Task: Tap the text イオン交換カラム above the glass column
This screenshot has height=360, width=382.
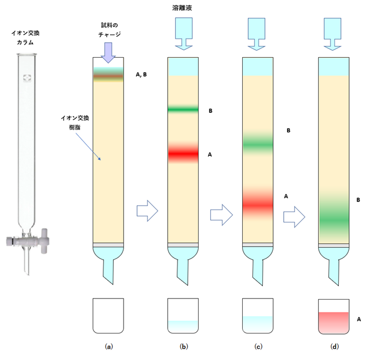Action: (x=25, y=37)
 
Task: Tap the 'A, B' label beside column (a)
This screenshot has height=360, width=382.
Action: (x=142, y=75)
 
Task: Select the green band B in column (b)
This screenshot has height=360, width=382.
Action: (x=184, y=109)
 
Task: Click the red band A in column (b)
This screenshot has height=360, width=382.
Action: (x=184, y=153)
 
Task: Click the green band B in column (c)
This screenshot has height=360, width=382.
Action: (x=259, y=142)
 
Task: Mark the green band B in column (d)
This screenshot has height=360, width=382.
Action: (x=335, y=216)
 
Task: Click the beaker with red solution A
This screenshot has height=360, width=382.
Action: (x=335, y=322)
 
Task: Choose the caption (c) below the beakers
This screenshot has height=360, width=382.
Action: (x=259, y=347)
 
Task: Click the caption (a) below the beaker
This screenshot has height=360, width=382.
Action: (x=109, y=347)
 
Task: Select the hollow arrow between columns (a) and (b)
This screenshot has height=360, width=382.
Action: (x=147, y=209)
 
